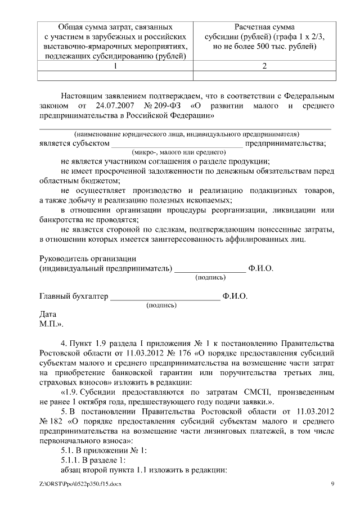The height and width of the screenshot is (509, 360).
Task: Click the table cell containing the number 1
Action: [115, 66]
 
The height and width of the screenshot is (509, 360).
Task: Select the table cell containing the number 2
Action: [264, 66]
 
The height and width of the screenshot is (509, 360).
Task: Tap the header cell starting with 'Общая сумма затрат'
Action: [115, 42]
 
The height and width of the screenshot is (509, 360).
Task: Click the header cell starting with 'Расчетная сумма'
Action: [264, 37]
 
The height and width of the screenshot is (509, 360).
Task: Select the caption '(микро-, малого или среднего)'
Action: [178, 152]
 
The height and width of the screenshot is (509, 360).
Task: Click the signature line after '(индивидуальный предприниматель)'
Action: [210, 268]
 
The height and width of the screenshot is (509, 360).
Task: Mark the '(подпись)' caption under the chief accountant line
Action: [161, 305]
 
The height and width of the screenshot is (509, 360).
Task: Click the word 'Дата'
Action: [48, 314]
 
